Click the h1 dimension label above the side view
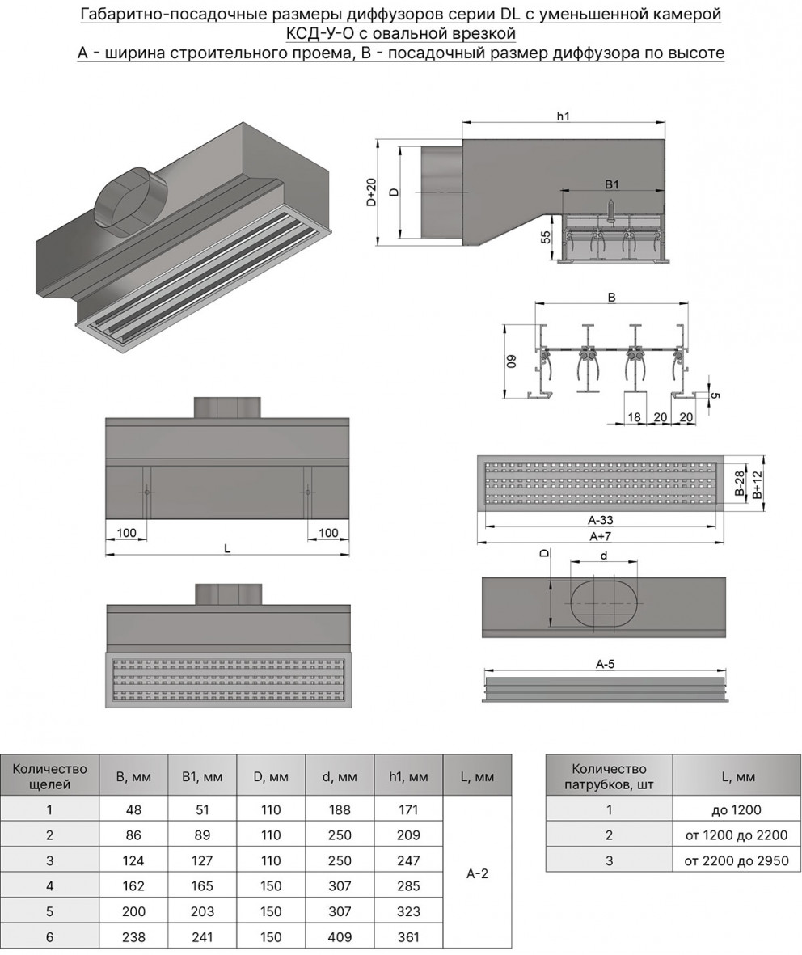(x=564, y=116)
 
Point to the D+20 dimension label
(x=371, y=192)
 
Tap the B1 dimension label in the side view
(x=611, y=184)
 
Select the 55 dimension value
(x=546, y=238)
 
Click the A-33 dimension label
(x=599, y=521)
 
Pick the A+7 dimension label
(x=599, y=535)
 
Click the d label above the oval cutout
(x=604, y=556)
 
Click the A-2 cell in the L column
(x=477, y=873)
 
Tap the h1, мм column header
(x=408, y=777)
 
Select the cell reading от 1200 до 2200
(x=736, y=835)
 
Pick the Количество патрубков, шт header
(x=609, y=776)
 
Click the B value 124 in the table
(x=133, y=860)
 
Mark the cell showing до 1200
(x=736, y=809)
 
